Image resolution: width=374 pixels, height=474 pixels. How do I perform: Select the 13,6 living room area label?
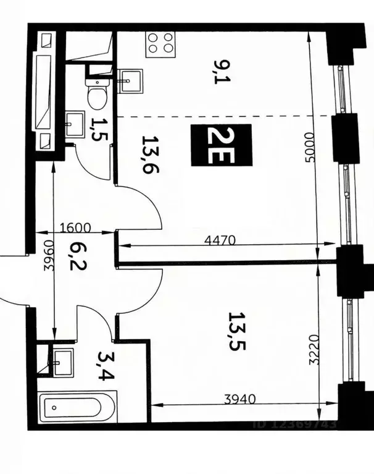[x=147, y=155]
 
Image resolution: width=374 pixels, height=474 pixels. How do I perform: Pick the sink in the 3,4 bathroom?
[x=62, y=359]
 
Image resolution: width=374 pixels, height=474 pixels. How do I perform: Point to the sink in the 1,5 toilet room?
[x=76, y=121]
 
